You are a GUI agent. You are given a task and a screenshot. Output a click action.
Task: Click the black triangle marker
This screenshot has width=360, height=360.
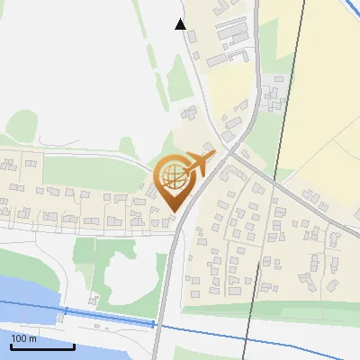click(181, 24)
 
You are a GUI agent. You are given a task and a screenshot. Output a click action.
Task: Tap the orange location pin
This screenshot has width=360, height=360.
click(174, 184)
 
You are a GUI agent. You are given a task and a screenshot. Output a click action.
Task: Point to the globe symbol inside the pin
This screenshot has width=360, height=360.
click(172, 176)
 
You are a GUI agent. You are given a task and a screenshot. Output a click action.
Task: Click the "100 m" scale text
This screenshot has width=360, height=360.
click(23, 338)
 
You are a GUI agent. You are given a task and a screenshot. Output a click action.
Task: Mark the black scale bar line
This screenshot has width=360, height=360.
click(42, 346)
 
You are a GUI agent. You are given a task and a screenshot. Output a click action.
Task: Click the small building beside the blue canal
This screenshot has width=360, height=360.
click(93, 298)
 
